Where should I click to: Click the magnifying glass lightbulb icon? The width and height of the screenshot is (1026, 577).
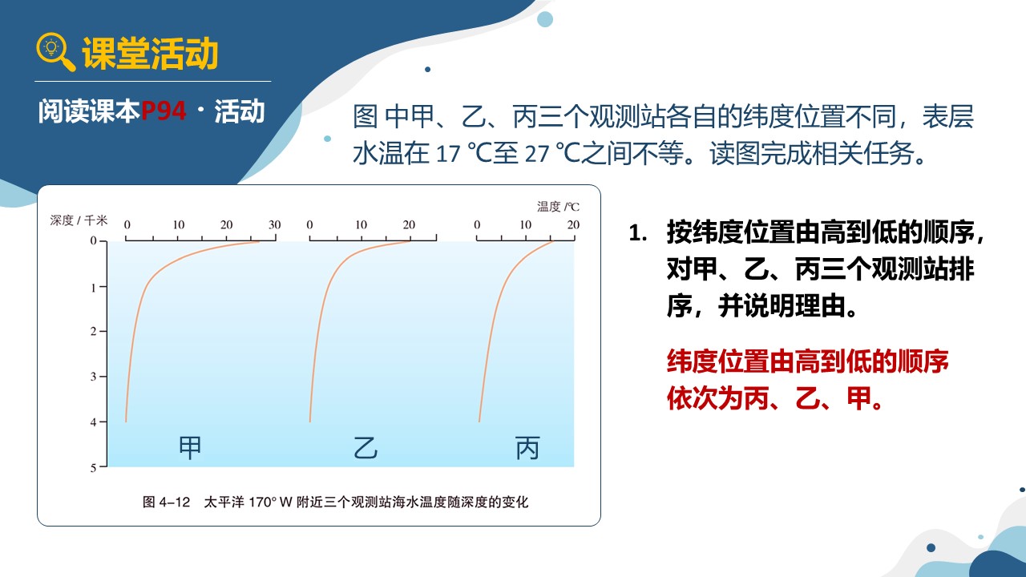(55, 51)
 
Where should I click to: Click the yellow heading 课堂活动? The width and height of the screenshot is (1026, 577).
(150, 54)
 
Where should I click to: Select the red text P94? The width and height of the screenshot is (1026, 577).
(164, 111)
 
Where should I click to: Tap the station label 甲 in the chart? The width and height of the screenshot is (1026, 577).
(190, 447)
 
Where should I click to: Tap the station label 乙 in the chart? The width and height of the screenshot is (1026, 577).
(366, 447)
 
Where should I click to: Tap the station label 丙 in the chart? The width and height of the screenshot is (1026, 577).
(527, 447)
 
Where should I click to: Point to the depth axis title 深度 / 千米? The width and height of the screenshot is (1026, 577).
(79, 220)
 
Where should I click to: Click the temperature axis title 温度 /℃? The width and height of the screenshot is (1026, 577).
(558, 207)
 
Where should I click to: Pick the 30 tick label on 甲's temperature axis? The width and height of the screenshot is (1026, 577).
(274, 225)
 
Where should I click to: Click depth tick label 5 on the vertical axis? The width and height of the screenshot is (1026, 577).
(94, 468)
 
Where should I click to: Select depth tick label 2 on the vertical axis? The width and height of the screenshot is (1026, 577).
(94, 331)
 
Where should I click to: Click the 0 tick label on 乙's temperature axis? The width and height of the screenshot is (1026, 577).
(309, 225)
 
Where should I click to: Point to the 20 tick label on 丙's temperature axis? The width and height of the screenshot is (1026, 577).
(573, 225)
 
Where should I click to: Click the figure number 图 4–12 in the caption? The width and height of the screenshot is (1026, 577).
(166, 502)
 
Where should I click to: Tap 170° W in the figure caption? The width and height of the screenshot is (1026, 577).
(271, 502)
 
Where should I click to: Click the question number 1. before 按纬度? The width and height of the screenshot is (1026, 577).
(638, 233)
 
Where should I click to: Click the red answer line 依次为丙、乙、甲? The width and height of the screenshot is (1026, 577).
(775, 398)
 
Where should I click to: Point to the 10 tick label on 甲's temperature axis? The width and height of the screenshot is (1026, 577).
(179, 225)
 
